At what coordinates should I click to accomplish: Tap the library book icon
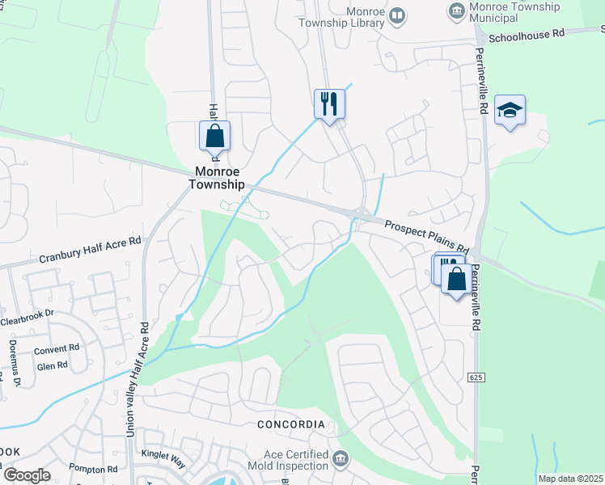(x=397, y=15)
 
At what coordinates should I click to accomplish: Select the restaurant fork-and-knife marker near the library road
(x=329, y=103)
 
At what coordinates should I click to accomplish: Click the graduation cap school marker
(x=510, y=110)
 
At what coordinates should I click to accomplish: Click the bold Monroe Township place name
(x=216, y=178)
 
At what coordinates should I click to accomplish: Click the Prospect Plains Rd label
(x=426, y=235)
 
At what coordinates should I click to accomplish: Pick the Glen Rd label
(x=53, y=365)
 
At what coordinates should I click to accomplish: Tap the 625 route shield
(x=476, y=377)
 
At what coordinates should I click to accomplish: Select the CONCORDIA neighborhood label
(x=290, y=424)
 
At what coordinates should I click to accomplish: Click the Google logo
(x=27, y=475)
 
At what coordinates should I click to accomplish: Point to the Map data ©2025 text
(x=571, y=479)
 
